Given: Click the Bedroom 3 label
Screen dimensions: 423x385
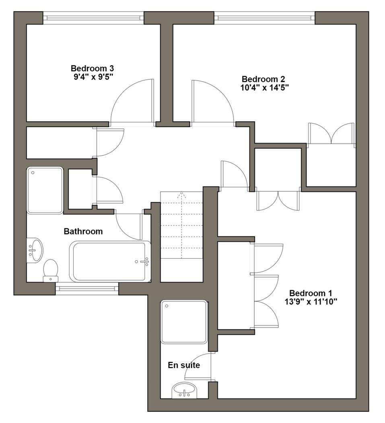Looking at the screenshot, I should [90, 68].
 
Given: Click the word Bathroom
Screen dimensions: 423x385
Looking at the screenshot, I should [83, 232].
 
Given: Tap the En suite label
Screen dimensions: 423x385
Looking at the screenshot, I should [184, 365].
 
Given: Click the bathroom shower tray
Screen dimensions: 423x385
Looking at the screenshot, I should [45, 190].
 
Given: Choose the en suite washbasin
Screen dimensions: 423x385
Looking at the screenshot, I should [184, 390].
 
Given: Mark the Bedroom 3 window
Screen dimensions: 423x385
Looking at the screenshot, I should [93, 18].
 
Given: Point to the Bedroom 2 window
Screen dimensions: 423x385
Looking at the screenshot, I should [264, 18].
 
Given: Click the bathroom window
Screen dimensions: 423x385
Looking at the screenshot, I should [87, 288].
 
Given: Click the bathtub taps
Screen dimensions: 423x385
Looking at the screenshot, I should [142, 261].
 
